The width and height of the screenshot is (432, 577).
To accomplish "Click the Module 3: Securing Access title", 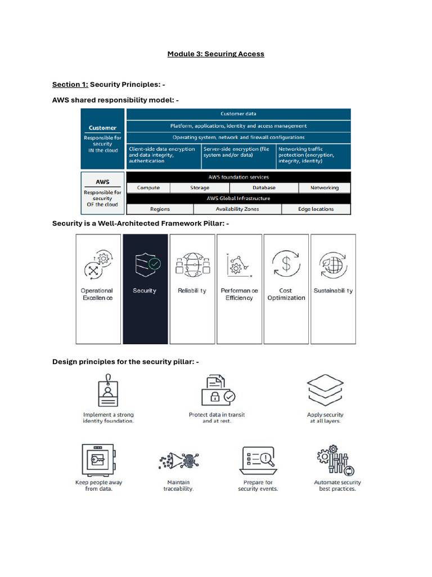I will tap(215, 54).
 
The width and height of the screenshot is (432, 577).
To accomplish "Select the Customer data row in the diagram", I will tap(238, 114).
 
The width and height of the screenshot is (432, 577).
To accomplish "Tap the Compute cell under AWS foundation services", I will tap(148, 188).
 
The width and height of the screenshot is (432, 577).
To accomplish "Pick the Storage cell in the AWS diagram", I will tap(200, 188).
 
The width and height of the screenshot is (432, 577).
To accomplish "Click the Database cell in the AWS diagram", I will tap(264, 188).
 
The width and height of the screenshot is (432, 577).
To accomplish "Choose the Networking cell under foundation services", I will tap(325, 188).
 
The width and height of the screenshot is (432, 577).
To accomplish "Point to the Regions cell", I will tap(160, 209).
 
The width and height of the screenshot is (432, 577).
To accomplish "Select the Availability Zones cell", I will tap(237, 209).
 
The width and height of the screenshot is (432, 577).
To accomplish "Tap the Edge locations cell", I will tap(316, 209).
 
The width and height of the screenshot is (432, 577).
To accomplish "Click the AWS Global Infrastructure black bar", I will tap(238, 198).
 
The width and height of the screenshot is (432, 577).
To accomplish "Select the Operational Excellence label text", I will tap(97, 294).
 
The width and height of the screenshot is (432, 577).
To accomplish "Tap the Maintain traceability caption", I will tap(178, 486).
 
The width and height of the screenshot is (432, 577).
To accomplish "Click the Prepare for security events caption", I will tap(258, 486).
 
